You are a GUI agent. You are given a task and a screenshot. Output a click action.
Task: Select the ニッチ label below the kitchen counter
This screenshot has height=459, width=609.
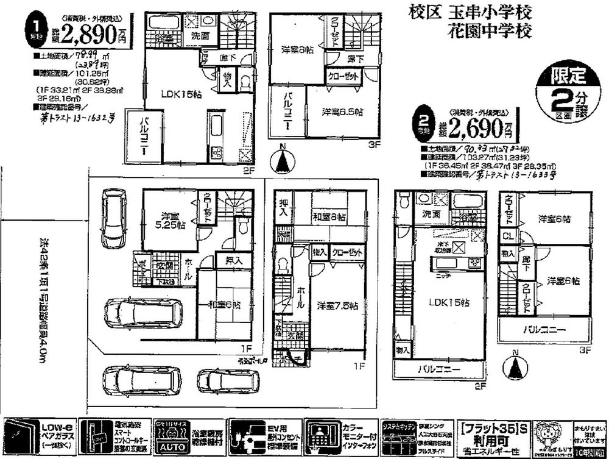point(443,274)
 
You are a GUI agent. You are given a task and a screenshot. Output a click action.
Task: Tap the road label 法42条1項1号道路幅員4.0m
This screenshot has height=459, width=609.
point(42,308)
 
